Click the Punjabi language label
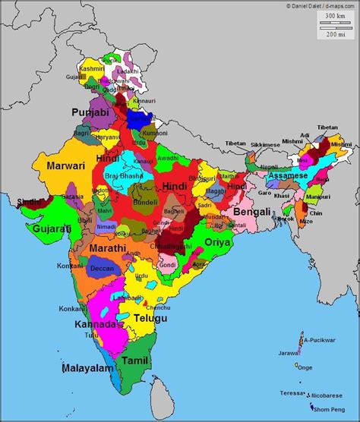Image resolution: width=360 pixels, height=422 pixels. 90,112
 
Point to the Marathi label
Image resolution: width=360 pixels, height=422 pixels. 108,249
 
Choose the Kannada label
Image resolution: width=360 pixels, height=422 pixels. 96,324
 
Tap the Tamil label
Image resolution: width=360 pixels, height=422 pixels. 134,360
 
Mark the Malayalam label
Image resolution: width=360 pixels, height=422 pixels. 88,369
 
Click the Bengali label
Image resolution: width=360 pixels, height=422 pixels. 251,212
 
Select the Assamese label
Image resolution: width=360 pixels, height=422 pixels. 289,175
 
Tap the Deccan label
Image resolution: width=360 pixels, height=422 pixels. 102,269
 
